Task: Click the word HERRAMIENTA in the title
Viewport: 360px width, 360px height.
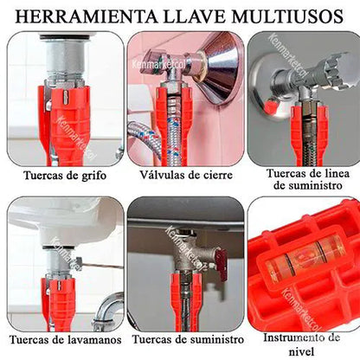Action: point(87,16)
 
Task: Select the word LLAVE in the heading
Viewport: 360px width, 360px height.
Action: point(195,16)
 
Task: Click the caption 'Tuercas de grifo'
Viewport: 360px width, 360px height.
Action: point(65,176)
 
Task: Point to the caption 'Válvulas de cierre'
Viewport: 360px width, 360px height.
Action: point(186,175)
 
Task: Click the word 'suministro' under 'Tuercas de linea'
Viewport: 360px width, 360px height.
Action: point(308,185)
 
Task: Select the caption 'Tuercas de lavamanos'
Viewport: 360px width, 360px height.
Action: point(66,340)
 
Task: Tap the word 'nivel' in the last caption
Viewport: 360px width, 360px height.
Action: point(301,351)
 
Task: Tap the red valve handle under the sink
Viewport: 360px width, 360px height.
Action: point(222,265)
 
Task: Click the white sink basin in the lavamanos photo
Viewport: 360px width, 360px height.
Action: point(66,222)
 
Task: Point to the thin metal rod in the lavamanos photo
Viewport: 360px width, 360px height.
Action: point(100,265)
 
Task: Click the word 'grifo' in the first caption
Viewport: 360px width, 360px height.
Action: point(93,176)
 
